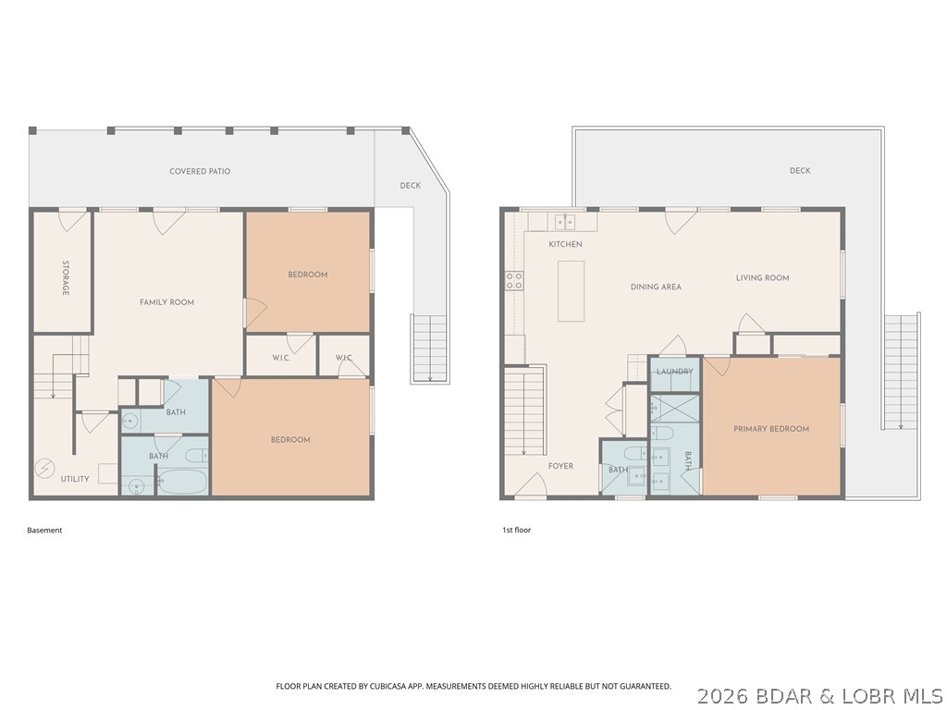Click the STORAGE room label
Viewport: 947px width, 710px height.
[66, 278]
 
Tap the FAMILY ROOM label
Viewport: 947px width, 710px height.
[166, 302]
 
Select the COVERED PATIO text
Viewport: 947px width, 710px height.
[200, 171]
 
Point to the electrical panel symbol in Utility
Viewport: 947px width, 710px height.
[44, 468]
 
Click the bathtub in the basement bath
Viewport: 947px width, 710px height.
[183, 482]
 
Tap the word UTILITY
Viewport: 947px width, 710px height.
[75, 479]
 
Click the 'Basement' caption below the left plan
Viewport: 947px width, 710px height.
[44, 531]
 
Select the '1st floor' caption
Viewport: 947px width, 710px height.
[516, 531]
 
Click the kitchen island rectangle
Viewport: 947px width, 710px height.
[571, 290]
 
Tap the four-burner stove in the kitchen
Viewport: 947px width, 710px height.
[513, 280]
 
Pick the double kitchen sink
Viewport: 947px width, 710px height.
[563, 222]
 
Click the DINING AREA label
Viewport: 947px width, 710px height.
[656, 288]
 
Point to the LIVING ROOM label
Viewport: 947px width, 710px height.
[762, 278]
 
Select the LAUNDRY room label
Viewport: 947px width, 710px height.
[674, 372]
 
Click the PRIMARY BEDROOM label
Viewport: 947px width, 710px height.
[771, 429]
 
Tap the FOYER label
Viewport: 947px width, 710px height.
[560, 466]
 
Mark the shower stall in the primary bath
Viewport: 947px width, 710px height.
[675, 409]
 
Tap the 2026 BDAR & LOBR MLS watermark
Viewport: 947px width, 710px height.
[819, 694]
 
